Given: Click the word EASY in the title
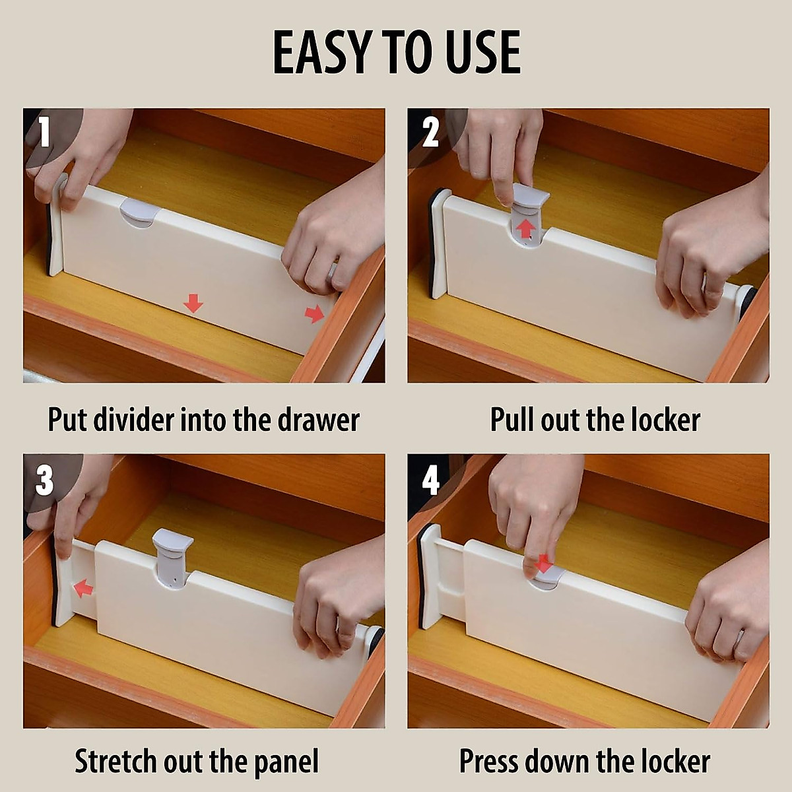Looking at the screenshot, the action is coord(319,53).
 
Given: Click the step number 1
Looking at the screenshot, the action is coord(44,132).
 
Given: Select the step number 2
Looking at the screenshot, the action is coord(430,133).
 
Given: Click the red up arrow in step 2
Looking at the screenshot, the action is coord(525,229).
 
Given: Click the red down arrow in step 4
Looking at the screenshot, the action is coord(545,564).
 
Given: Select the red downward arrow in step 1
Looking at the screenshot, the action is coord(193,304).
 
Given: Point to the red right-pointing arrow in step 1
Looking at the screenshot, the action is coord(315,314).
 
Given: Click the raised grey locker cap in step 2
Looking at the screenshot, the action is coord(531,197).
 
